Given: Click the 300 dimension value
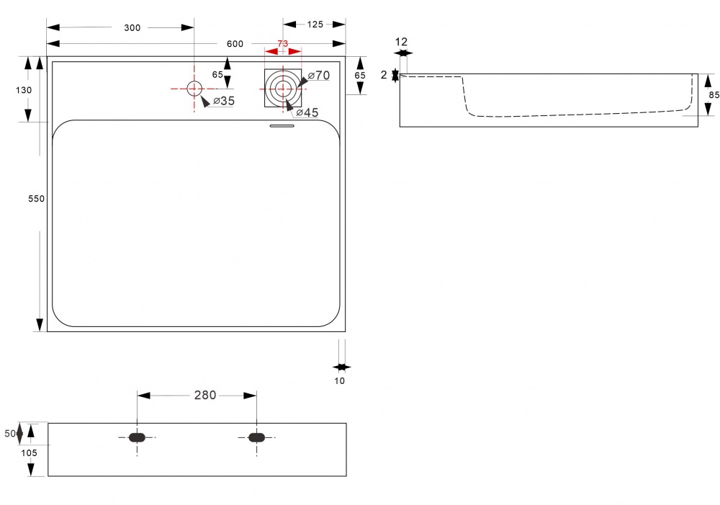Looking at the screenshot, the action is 132,28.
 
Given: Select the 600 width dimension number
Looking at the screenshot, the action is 235,44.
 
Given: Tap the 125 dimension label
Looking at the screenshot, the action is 315,24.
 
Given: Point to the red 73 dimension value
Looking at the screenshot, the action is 283,43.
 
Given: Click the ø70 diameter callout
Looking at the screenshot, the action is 319,75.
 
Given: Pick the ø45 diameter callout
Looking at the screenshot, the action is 307,112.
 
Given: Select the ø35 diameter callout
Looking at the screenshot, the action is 224,101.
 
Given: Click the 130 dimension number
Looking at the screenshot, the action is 24,90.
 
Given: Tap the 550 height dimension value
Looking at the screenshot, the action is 36,199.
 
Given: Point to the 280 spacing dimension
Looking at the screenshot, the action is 204,395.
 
